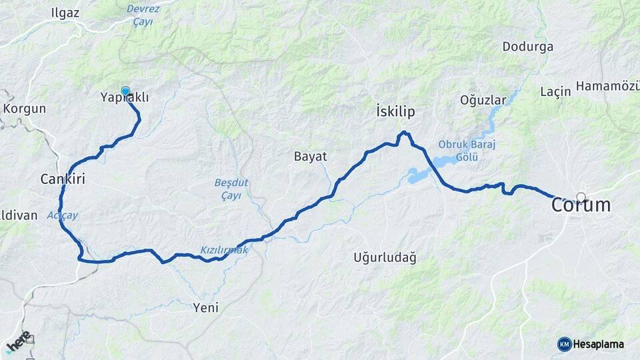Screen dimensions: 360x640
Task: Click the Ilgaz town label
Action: coord(65,13)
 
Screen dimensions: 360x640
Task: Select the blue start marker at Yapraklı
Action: coord(125,91)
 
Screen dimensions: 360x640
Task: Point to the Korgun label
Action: coord(25,109)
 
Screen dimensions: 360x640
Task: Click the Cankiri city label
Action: coord(63,179)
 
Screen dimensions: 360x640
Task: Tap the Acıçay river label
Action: coord(63,215)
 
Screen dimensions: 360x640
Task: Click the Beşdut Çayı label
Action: coord(230,189)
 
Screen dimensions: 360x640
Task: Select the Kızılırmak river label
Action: coord(224,250)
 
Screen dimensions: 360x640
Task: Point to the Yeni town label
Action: coord(205,307)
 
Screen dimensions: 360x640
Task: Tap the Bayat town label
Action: coord(311,157)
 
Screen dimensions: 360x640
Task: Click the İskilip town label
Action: coord(395,112)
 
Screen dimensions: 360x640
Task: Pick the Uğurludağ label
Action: coord(385,258)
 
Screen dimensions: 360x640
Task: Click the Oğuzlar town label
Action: coord(483,100)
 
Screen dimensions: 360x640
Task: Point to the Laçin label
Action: coord(556,91)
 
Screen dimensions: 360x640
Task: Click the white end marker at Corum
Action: coord(581,197)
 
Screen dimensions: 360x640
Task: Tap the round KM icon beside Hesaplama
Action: coord(565,344)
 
